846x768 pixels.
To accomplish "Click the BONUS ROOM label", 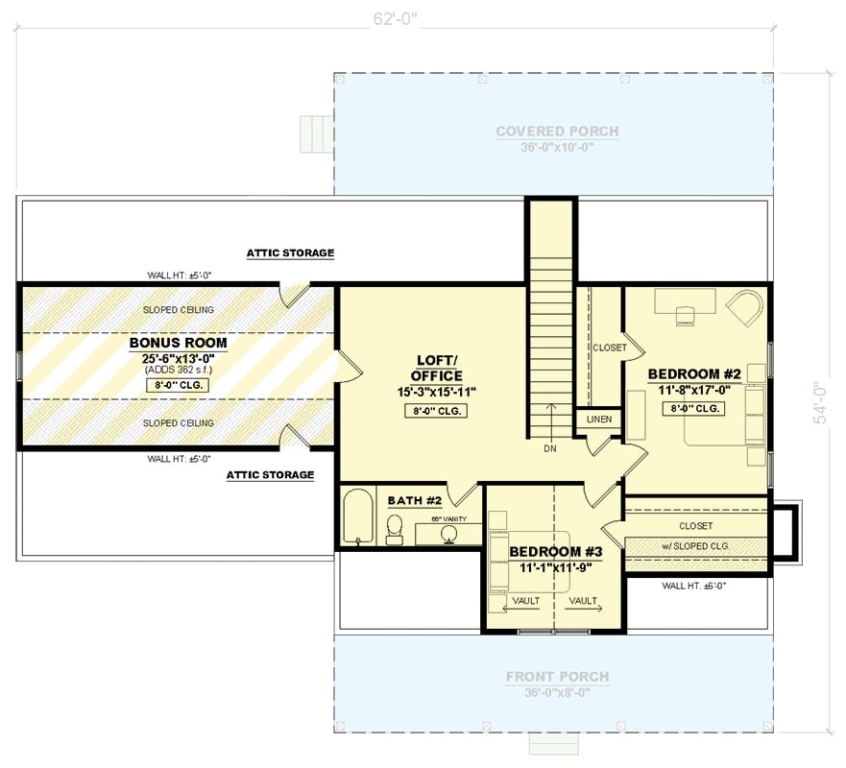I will [178, 342].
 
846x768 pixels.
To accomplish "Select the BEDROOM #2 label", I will [691, 373].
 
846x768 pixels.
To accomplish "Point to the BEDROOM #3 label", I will [556, 552].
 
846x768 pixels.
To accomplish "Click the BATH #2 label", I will [414, 501].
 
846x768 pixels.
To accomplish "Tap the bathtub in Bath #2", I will [357, 516].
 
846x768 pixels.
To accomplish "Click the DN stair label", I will [551, 447].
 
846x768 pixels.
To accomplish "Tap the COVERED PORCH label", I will [557, 132].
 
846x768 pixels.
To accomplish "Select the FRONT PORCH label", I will [557, 677].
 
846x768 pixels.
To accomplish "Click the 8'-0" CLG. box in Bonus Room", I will [178, 385].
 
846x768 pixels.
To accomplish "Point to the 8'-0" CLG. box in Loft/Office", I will [437, 412].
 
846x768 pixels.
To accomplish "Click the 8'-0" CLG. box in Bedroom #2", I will [692, 408].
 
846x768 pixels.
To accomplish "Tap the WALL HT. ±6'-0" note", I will [695, 585].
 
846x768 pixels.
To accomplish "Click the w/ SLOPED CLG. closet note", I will [695, 545].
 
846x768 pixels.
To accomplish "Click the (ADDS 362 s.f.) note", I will [178, 369].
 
